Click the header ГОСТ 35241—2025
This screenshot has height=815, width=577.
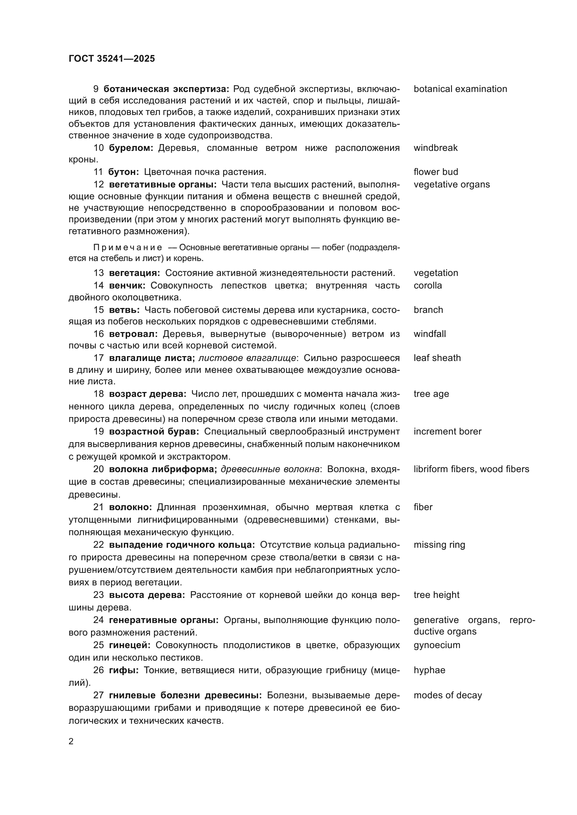point(112,59)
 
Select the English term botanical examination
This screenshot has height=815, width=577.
point(460,89)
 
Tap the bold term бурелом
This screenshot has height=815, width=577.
point(131,148)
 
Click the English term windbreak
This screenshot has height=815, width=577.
point(435,148)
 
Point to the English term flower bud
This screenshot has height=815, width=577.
point(436,172)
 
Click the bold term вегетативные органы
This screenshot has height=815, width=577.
point(163,185)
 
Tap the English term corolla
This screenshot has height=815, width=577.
point(427,286)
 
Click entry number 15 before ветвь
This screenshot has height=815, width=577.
point(98,310)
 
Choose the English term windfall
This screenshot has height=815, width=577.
point(429,334)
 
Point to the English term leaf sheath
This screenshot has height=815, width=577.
point(437,358)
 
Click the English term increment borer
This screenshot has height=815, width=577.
point(447,432)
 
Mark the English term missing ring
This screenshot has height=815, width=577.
point(439,545)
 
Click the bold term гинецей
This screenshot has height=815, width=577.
point(130,645)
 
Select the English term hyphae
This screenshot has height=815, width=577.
point(429,670)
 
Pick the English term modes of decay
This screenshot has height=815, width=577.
point(447,695)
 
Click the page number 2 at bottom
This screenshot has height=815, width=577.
point(71,741)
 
